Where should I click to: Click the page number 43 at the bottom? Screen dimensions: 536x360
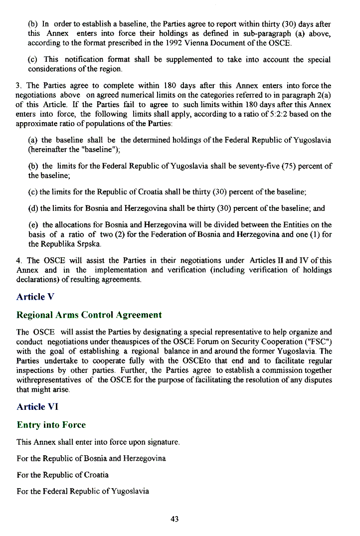(x=175, y=519)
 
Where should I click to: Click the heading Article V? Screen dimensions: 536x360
(x=35, y=297)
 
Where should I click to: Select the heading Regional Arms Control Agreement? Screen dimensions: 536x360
(x=89, y=315)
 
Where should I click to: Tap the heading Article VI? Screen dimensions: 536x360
(x=37, y=406)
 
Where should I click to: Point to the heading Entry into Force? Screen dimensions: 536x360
(x=51, y=425)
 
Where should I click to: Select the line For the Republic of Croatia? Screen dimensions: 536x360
(x=62, y=475)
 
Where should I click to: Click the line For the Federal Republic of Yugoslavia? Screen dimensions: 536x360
(x=83, y=491)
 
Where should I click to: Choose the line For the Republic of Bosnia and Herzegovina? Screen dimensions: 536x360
(x=91, y=458)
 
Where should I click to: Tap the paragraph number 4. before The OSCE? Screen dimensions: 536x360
(x=19, y=260)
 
